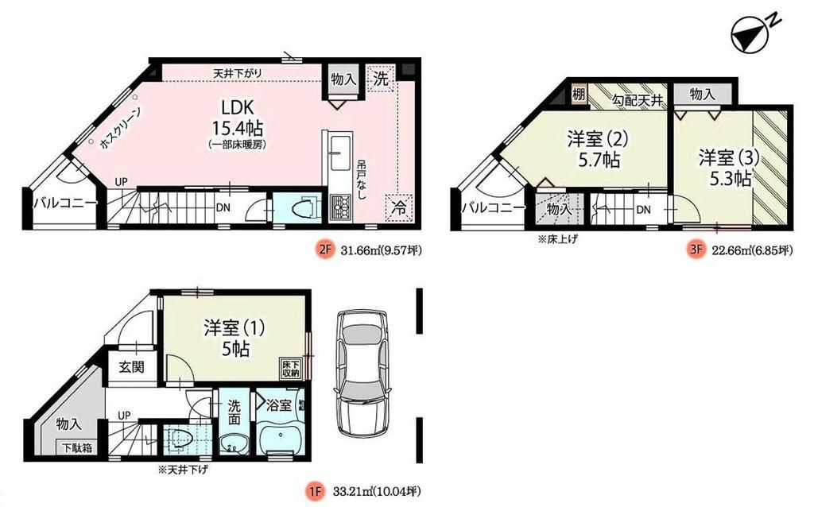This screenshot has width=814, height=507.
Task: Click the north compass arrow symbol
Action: [x=748, y=34]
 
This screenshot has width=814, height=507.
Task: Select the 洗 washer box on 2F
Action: [x=382, y=79]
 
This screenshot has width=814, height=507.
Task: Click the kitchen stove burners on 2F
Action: [x=343, y=208]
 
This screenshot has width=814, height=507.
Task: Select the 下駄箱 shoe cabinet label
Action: [x=77, y=448]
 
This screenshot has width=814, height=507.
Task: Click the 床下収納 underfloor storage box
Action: [x=290, y=368]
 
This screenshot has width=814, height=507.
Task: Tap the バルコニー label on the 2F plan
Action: [x=65, y=204]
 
